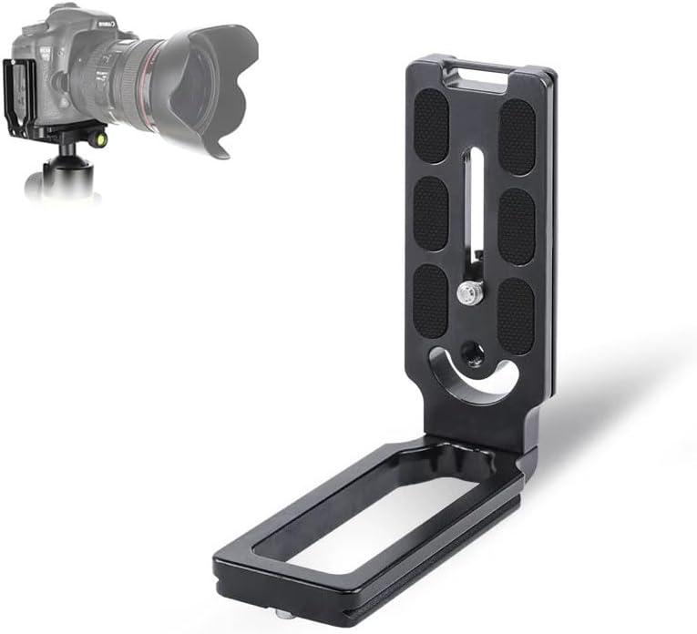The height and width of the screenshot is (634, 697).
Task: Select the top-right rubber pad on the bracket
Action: click(x=517, y=135)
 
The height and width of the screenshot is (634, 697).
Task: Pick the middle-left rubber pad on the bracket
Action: click(x=431, y=212)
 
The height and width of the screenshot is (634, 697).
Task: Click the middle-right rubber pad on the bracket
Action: click(x=517, y=226)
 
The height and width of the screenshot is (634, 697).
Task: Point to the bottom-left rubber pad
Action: click(x=430, y=302)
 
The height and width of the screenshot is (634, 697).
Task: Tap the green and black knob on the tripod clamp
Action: click(x=99, y=139)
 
